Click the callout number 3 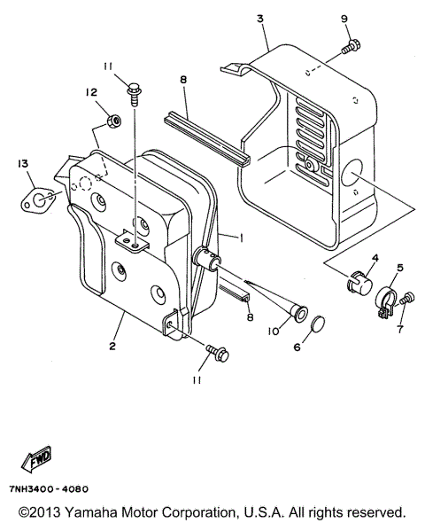[x=260, y=19]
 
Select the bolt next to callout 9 [x=352, y=42]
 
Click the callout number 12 [x=91, y=92]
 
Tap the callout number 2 [x=112, y=346]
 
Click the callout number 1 [x=240, y=238]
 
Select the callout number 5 [x=400, y=267]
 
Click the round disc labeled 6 [x=317, y=323]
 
